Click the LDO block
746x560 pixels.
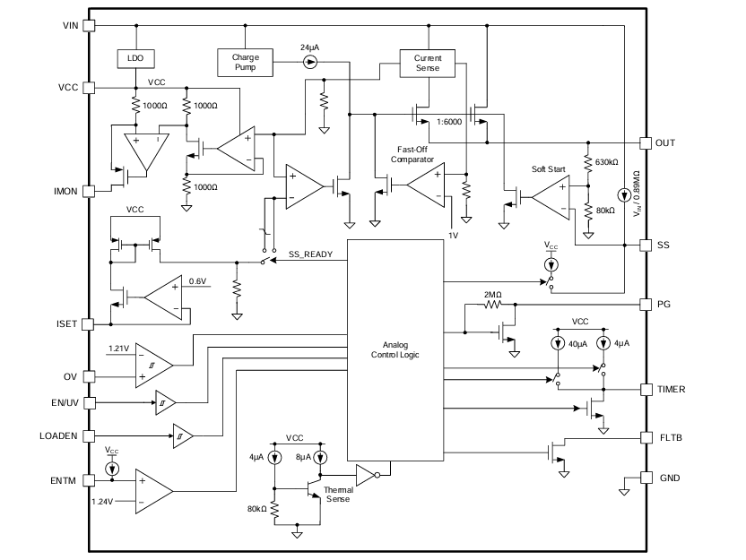(x=135, y=57)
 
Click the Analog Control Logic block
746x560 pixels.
(x=395, y=349)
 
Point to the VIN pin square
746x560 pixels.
(x=88, y=25)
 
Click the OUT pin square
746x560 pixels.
(x=645, y=143)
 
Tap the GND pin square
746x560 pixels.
(x=645, y=478)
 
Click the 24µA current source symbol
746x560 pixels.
(x=310, y=62)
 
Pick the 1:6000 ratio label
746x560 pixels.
(x=448, y=120)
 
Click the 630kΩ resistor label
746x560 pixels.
(x=605, y=163)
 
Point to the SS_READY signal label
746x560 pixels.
(x=310, y=254)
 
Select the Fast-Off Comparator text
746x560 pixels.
(x=412, y=154)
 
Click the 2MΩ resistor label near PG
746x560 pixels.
(x=493, y=295)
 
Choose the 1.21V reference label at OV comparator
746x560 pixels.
(x=119, y=347)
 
